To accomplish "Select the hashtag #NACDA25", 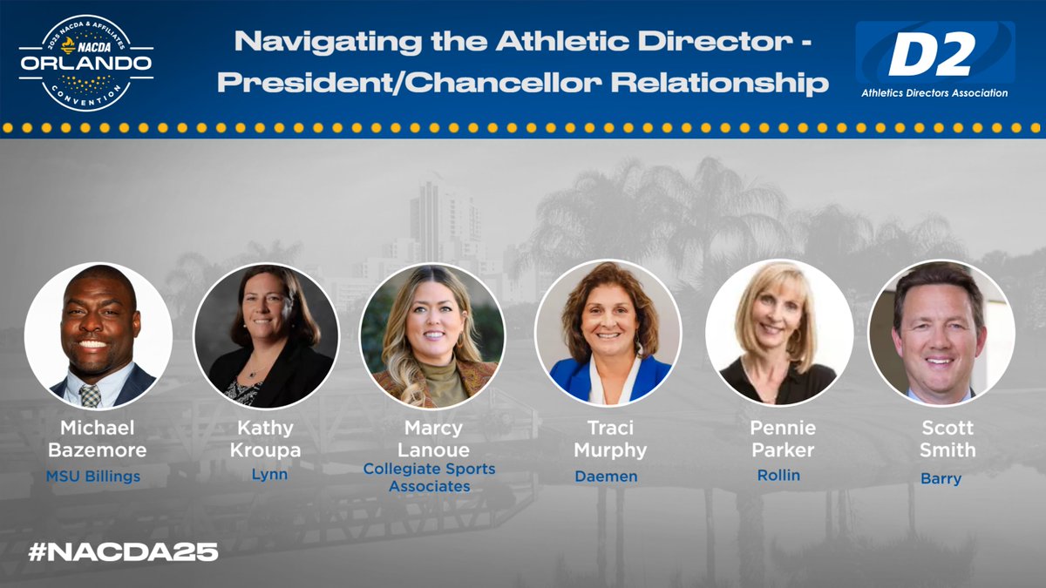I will [x=122, y=551].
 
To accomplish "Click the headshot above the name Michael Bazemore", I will [x=98, y=335].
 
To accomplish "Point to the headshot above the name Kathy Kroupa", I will [x=266, y=335].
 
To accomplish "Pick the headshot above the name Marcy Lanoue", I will [x=432, y=335].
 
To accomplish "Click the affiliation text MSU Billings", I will [x=93, y=476].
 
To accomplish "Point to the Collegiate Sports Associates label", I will [x=429, y=477].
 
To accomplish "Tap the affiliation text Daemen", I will [x=606, y=476].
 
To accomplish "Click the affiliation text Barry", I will [x=941, y=478].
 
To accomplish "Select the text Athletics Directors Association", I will [x=934, y=93].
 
